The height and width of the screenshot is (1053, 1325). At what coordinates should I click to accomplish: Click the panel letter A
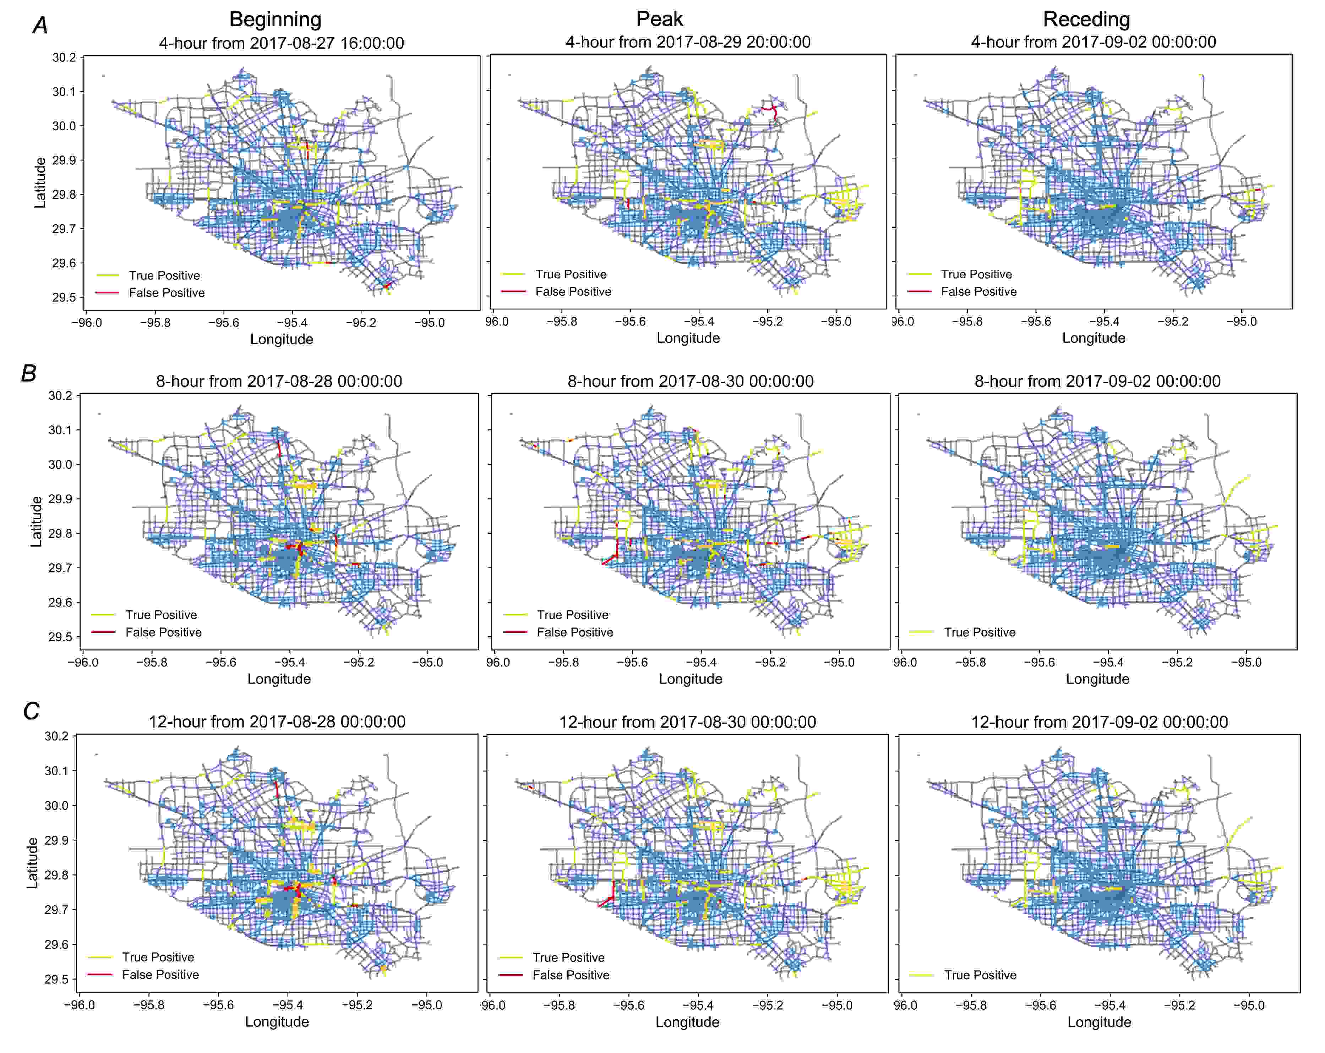coord(40,26)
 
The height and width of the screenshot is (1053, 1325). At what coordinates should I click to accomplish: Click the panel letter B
coord(29,373)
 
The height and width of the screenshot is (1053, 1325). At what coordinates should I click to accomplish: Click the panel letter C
coord(31,712)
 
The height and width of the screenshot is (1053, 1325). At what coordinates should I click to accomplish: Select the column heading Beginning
coord(275,19)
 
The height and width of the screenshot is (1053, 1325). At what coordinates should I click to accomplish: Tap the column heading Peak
coord(659,19)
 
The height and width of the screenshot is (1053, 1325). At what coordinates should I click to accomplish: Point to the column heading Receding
coord(1086,19)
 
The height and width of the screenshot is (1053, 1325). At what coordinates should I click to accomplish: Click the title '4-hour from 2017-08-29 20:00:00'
coord(688,42)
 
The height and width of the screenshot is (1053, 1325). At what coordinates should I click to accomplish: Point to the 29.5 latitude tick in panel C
coord(56,979)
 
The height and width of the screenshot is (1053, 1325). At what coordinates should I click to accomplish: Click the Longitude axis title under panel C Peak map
coord(687,1022)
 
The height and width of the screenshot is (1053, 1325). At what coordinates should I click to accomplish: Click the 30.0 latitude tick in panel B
coord(60,465)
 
